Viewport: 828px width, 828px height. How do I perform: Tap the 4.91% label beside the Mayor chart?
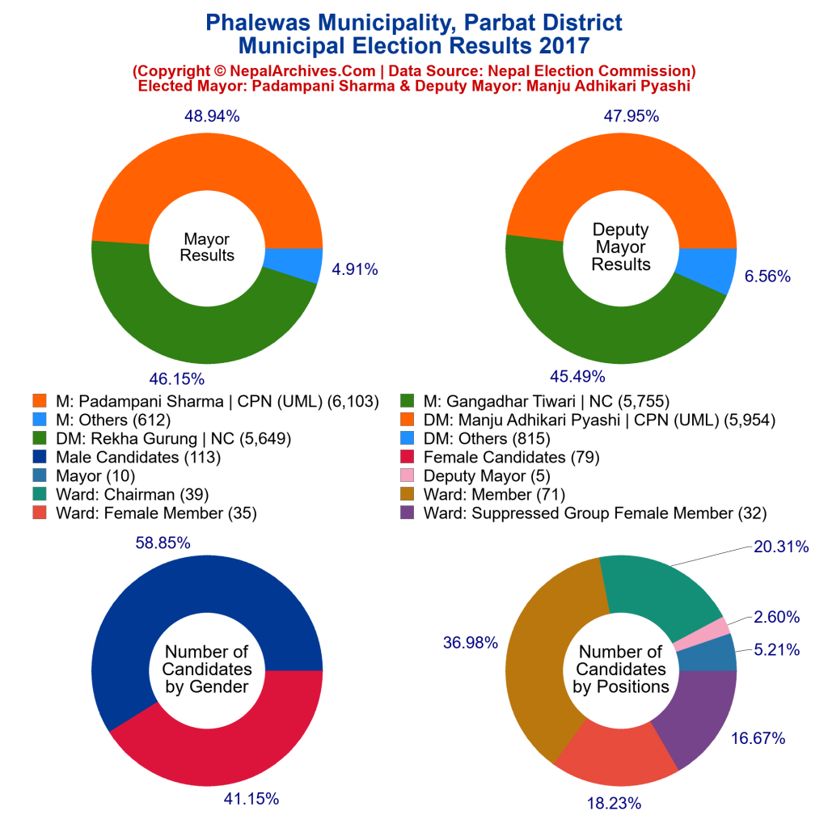354,269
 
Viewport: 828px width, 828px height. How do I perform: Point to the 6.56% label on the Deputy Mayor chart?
767,276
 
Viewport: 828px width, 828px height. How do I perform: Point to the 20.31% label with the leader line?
780,547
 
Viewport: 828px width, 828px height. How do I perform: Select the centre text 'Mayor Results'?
207,247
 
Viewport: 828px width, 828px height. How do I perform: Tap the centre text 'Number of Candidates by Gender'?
207,670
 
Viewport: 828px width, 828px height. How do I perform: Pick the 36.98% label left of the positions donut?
470,642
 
